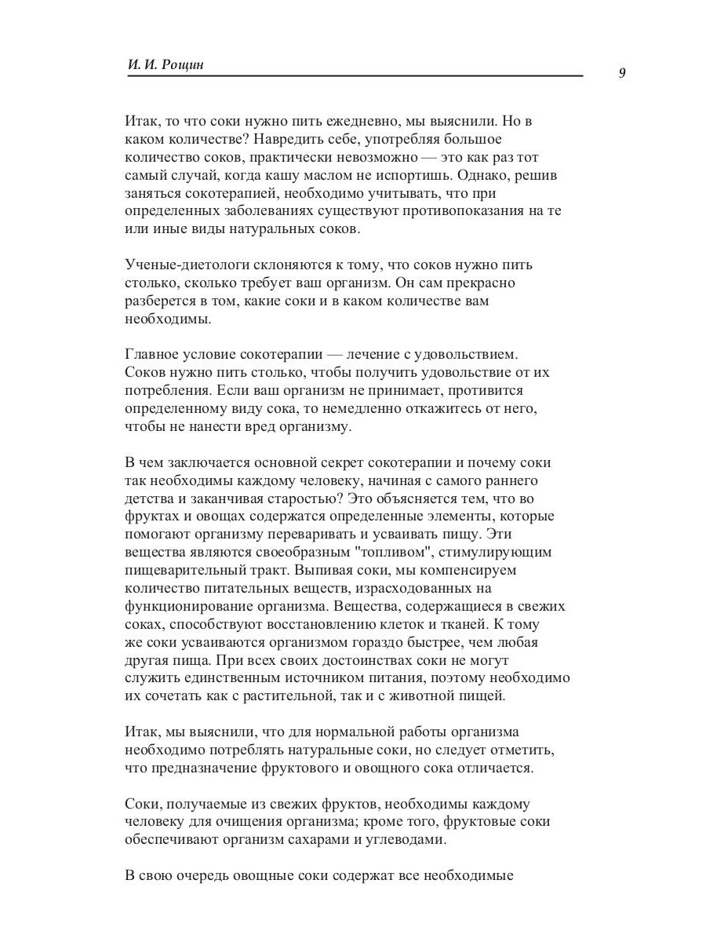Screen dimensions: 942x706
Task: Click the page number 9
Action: coord(622,73)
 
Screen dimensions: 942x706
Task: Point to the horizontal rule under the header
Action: coord(354,76)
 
